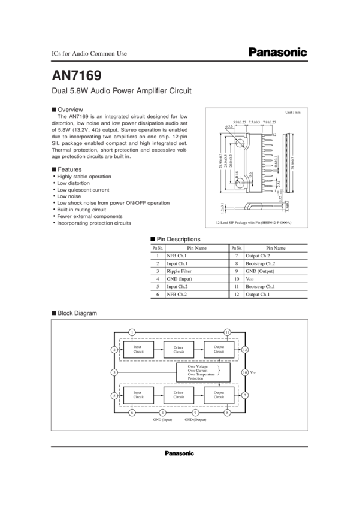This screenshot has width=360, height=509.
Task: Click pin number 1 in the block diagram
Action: (132, 332)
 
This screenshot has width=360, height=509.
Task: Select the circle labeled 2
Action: (114, 350)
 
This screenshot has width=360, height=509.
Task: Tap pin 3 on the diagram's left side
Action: (114, 372)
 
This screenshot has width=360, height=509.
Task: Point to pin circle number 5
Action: (114, 396)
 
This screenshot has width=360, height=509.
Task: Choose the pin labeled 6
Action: (132, 413)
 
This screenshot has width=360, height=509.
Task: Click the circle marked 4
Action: (162, 413)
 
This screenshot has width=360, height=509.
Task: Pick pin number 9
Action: (195, 413)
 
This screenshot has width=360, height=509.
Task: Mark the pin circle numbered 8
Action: (227, 413)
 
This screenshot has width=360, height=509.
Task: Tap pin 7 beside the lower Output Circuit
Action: (244, 395)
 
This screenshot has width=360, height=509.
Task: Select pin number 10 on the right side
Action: (244, 372)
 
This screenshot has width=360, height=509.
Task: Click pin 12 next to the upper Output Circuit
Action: (244, 350)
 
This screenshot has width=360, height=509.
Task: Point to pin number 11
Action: (227, 332)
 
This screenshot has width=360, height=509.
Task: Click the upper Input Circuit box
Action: (138, 350)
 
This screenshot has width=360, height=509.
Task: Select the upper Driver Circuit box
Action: (179, 350)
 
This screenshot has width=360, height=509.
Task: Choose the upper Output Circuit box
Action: (219, 350)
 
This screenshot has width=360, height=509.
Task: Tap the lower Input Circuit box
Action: (138, 395)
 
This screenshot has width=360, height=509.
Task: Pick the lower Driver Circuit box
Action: (179, 395)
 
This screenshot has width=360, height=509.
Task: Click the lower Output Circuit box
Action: (219, 395)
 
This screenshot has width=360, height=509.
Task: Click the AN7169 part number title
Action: (77, 76)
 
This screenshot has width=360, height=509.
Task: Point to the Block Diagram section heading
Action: (74, 313)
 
